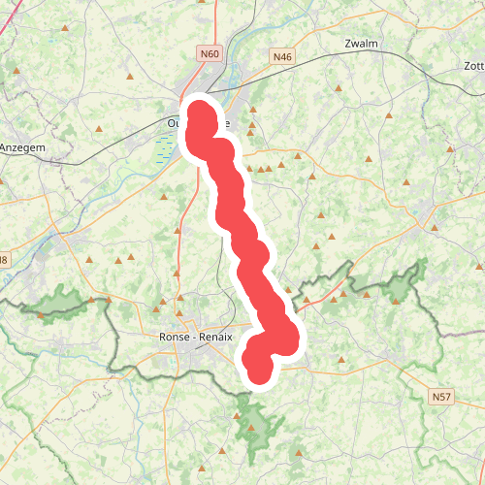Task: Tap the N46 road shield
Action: coord(282,57)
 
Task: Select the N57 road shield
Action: coord(441,397)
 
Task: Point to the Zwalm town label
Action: coord(362,45)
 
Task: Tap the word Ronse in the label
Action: coord(174,338)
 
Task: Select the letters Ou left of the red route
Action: coord(174,123)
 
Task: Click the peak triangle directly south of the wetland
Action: coord(165,198)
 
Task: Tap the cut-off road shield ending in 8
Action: coord(4,260)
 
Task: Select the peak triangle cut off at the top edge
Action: coord(202,3)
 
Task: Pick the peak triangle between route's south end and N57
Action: coord(341,363)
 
